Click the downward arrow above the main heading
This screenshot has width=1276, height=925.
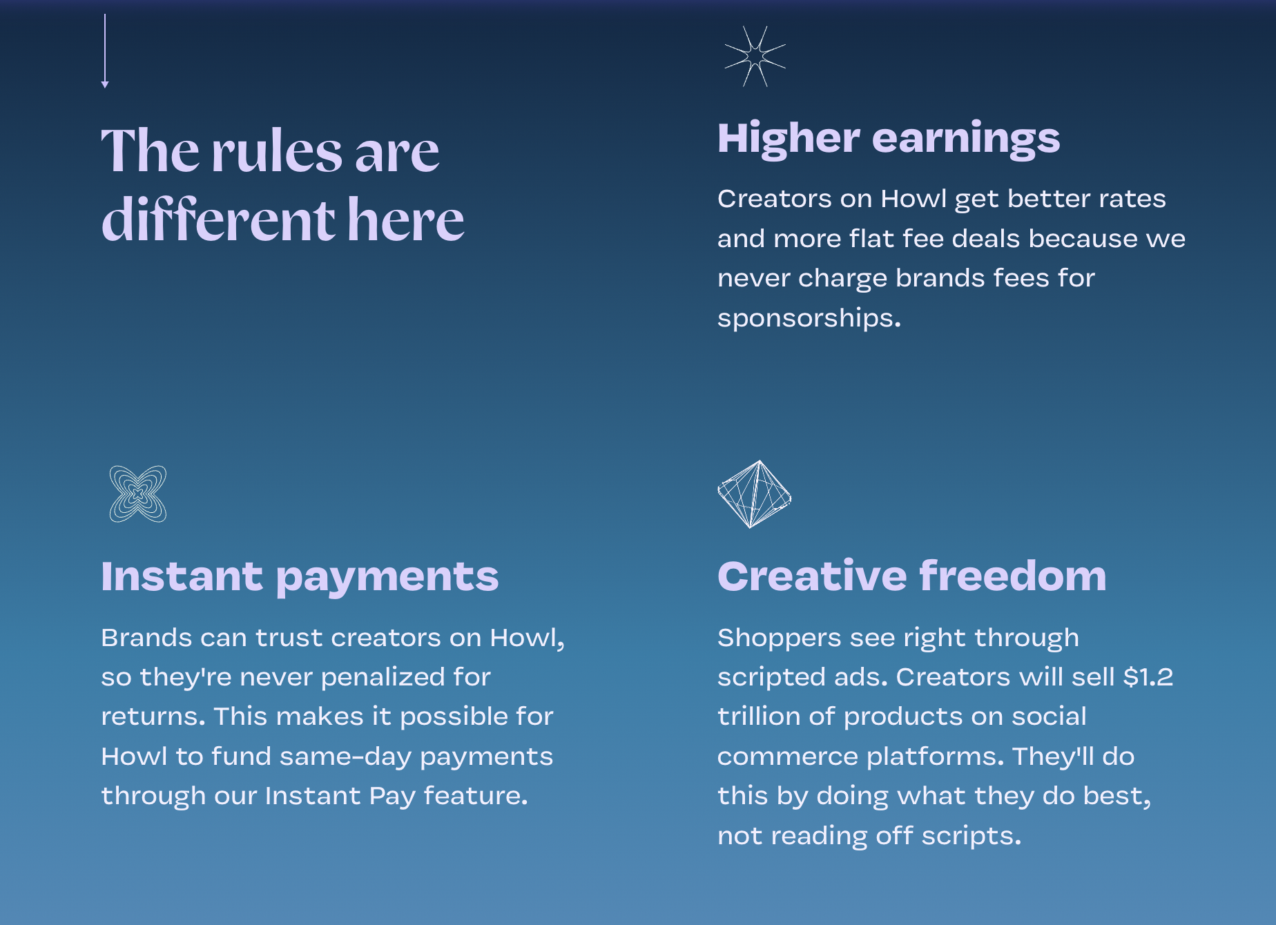[x=105, y=51]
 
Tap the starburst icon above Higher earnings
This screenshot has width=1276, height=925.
[x=755, y=57]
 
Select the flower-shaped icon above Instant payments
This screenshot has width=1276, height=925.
[x=138, y=494]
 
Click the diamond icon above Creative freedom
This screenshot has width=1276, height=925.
[x=755, y=494]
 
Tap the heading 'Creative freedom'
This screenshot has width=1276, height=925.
[x=912, y=576]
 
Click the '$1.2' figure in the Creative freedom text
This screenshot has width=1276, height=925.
[x=1148, y=676]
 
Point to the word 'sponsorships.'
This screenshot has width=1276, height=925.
[x=809, y=318]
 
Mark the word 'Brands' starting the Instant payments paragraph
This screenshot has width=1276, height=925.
[x=146, y=638]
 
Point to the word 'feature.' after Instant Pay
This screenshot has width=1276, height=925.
[x=476, y=796]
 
